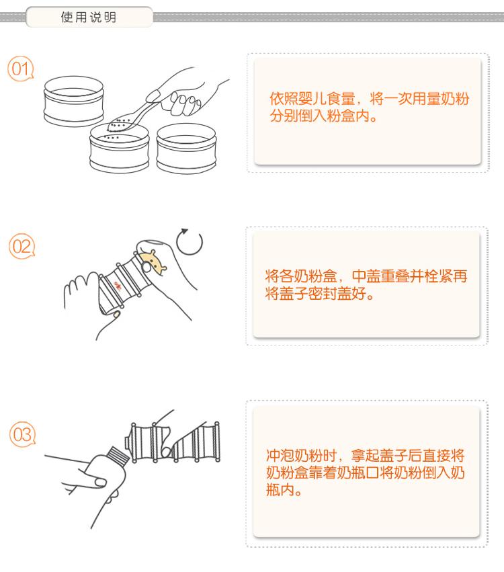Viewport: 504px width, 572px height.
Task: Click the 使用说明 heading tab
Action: coord(89,17)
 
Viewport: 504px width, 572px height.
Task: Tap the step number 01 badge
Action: coord(21,69)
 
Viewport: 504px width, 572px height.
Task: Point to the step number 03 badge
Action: coord(22,434)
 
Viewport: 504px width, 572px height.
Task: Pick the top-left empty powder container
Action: coord(74,101)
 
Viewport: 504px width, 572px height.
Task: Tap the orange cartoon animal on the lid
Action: coord(154,263)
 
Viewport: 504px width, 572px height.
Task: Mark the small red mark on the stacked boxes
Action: coord(118,285)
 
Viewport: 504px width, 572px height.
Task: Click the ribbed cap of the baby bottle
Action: coord(118,456)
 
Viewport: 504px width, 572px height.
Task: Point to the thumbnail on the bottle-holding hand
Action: coord(100,483)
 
